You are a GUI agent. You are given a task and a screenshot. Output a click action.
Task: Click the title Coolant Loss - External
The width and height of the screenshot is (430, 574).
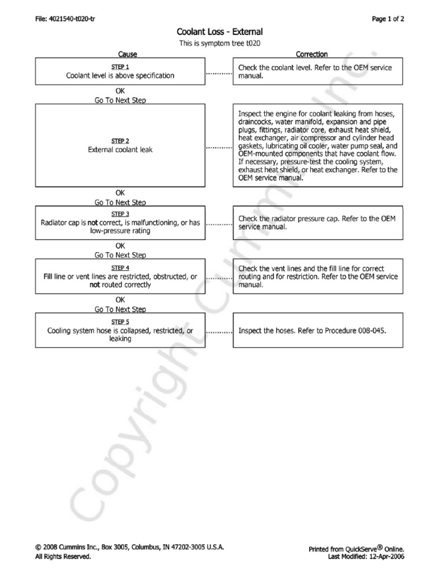(x=219, y=33)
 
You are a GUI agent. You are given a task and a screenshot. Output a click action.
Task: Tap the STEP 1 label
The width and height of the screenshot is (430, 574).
(x=120, y=67)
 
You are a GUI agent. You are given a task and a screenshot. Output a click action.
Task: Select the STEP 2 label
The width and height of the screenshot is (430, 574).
(x=120, y=141)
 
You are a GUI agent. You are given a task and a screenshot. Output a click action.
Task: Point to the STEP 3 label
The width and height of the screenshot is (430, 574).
(x=120, y=214)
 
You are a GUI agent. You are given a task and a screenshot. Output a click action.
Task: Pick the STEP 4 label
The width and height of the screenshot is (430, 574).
(x=120, y=268)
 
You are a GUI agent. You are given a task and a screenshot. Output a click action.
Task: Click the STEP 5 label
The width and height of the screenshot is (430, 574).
(x=120, y=322)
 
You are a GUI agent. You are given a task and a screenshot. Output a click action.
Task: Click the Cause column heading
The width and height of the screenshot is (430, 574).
(x=127, y=54)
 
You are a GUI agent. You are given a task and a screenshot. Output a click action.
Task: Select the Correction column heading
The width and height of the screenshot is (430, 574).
(x=311, y=54)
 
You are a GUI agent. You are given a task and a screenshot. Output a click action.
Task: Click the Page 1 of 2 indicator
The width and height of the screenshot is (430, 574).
(x=387, y=18)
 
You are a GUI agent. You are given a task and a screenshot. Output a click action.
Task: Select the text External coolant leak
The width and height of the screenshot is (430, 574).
(x=120, y=150)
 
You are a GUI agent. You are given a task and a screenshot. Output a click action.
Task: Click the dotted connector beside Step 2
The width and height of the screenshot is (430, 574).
(x=218, y=147)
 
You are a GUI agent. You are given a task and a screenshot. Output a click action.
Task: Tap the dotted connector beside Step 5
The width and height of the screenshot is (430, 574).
(x=218, y=331)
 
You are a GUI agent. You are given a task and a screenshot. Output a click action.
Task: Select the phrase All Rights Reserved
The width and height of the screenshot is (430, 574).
(x=63, y=557)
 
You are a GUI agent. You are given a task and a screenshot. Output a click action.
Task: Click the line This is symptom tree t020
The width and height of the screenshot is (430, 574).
(x=219, y=43)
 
